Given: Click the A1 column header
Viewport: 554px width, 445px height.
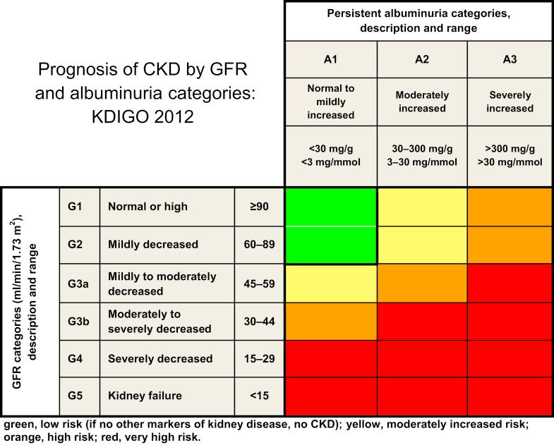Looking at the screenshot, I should tap(331, 60).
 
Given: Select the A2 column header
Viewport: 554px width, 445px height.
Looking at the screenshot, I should tap(421, 60).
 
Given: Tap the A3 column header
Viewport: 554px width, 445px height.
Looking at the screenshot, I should tap(511, 60).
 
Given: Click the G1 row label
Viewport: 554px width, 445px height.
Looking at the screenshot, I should tap(79, 207).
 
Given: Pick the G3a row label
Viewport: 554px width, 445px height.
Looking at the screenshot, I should tap(79, 283).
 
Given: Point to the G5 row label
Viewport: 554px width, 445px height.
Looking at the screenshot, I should tap(79, 397).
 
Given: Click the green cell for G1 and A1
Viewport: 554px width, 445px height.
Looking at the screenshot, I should tap(331, 207).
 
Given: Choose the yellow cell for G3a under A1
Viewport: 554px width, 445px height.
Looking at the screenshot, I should tap(331, 283).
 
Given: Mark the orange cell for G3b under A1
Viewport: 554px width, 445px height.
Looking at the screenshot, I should tap(331, 321).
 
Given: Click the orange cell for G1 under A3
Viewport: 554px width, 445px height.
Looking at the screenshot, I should tap(511, 207).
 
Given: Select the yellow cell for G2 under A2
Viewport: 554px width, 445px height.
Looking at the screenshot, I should tap(421, 245).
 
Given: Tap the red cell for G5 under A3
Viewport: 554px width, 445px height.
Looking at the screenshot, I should tap(511, 397).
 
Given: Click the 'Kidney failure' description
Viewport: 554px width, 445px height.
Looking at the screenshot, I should tap(145, 397).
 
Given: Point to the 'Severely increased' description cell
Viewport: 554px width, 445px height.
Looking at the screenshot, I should tap(511, 102).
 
